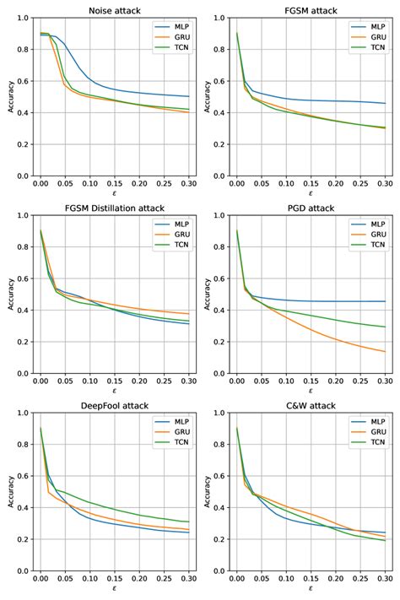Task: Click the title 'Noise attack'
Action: [115, 10]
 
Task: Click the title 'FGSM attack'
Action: [311, 10]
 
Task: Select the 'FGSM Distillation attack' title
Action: [115, 208]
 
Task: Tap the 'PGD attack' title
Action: [311, 208]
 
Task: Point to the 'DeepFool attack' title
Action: [115, 406]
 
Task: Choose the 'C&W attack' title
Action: [311, 406]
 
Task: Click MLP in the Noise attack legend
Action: [176, 26]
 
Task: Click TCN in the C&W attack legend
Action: [371, 444]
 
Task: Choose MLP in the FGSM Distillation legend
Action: [176, 224]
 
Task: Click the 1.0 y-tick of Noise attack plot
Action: [19, 18]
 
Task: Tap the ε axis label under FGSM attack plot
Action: [311, 193]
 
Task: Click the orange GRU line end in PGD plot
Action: [385, 352]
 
